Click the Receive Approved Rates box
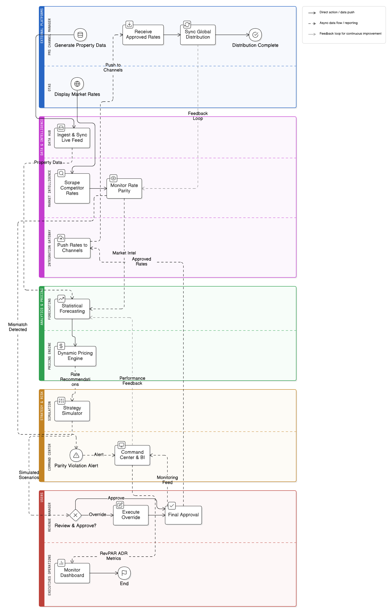(x=143, y=35)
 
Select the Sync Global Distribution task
(x=198, y=35)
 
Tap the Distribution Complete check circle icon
(x=255, y=35)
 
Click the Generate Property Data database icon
(x=80, y=35)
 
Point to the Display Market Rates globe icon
(x=77, y=84)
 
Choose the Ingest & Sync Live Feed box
(x=72, y=138)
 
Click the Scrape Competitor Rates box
(x=72, y=188)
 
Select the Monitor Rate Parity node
(x=124, y=188)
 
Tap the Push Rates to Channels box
(x=72, y=248)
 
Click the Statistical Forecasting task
(x=72, y=309)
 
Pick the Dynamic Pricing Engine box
(x=75, y=356)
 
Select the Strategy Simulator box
(x=72, y=411)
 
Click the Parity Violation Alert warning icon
(x=76, y=455)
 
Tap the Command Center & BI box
(x=132, y=455)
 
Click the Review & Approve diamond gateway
(x=75, y=515)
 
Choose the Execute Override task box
(x=131, y=515)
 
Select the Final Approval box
(x=183, y=515)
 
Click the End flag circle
(x=124, y=573)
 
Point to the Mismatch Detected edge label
(x=18, y=327)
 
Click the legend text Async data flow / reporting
(x=338, y=23)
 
